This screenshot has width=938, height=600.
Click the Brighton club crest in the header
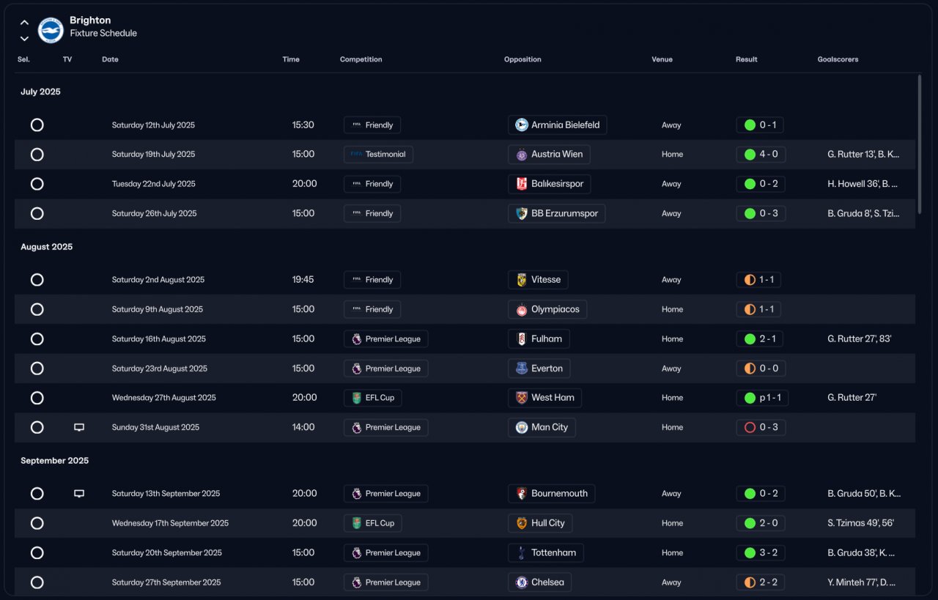point(51,29)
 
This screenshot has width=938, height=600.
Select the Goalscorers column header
point(838,59)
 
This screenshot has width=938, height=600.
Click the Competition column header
point(361,59)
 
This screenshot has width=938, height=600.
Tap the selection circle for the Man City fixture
point(37,427)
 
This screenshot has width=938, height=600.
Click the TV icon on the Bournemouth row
point(79,494)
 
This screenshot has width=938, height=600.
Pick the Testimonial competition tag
point(378,155)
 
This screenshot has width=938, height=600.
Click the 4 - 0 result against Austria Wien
point(761,155)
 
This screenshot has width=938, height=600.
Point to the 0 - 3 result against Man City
point(761,427)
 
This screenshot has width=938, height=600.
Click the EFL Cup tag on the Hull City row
point(372,523)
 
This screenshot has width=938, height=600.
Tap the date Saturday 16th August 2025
point(159,339)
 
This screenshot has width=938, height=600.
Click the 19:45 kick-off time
point(303,280)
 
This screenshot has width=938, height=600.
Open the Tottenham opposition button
point(545,553)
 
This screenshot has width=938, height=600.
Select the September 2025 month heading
point(54,461)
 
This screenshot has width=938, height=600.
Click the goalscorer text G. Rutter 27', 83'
point(859,339)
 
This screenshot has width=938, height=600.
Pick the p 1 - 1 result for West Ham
point(761,398)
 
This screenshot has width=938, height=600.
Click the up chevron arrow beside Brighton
point(24,23)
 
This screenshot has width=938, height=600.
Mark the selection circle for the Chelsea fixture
point(37,582)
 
